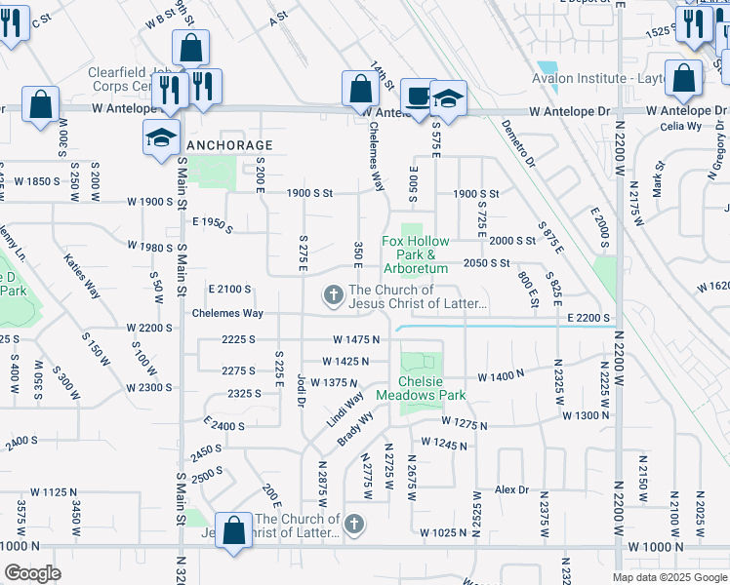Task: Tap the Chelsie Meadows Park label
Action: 432,388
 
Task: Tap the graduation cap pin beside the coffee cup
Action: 448,99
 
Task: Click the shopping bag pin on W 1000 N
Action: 234,531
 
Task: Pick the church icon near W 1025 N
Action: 354,526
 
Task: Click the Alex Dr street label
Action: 511,489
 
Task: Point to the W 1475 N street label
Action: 355,339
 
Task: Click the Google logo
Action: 32,572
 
